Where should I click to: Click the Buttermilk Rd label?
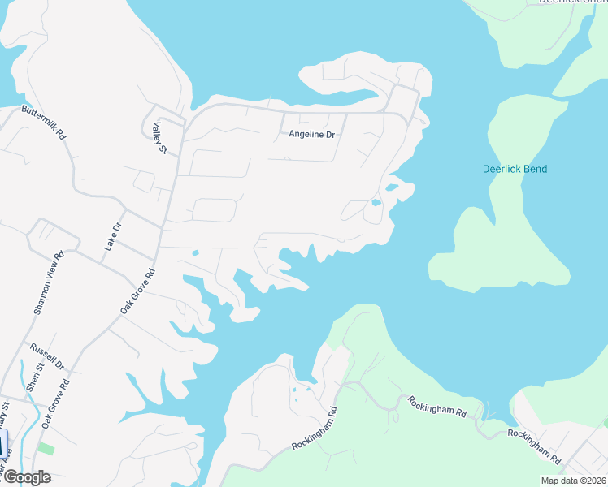(44, 122)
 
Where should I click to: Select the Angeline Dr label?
(312, 134)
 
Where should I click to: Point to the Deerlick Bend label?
(515, 169)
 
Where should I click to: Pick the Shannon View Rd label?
(47, 282)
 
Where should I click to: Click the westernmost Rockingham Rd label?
(314, 429)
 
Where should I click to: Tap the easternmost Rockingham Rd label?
(534, 445)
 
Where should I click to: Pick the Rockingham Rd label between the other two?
(437, 407)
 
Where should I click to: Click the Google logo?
(26, 477)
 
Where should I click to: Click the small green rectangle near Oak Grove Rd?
(46, 448)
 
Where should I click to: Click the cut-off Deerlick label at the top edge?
(567, 2)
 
